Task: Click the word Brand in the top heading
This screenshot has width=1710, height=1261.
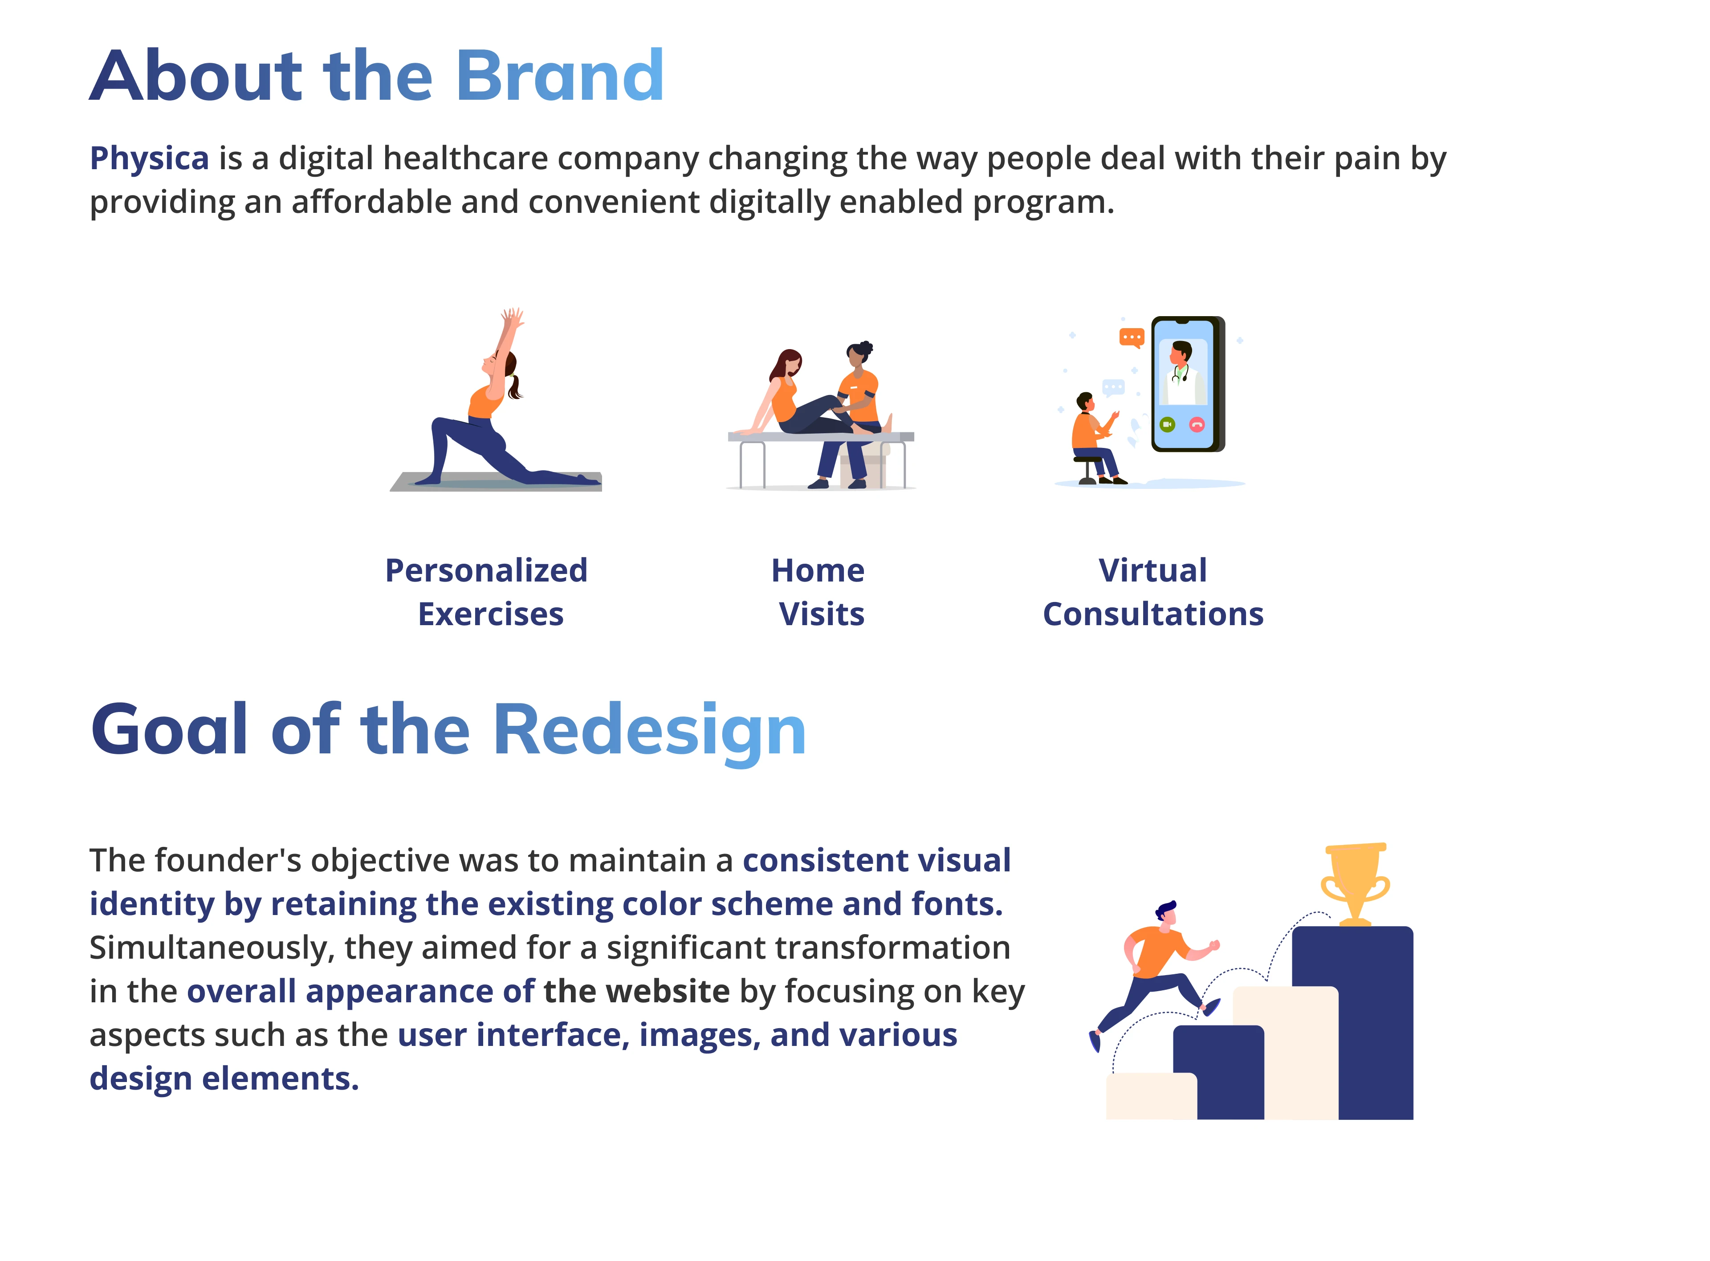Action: (560, 76)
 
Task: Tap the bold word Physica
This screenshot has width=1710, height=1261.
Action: (149, 159)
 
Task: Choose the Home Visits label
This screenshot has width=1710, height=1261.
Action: (819, 592)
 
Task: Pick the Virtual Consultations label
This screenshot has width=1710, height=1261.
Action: (1153, 592)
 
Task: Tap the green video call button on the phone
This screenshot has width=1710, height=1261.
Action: (1167, 424)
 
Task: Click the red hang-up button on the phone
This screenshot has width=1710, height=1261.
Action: (1197, 424)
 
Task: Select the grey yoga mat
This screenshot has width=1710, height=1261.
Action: (496, 482)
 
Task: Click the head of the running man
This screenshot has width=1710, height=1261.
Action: (1166, 915)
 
